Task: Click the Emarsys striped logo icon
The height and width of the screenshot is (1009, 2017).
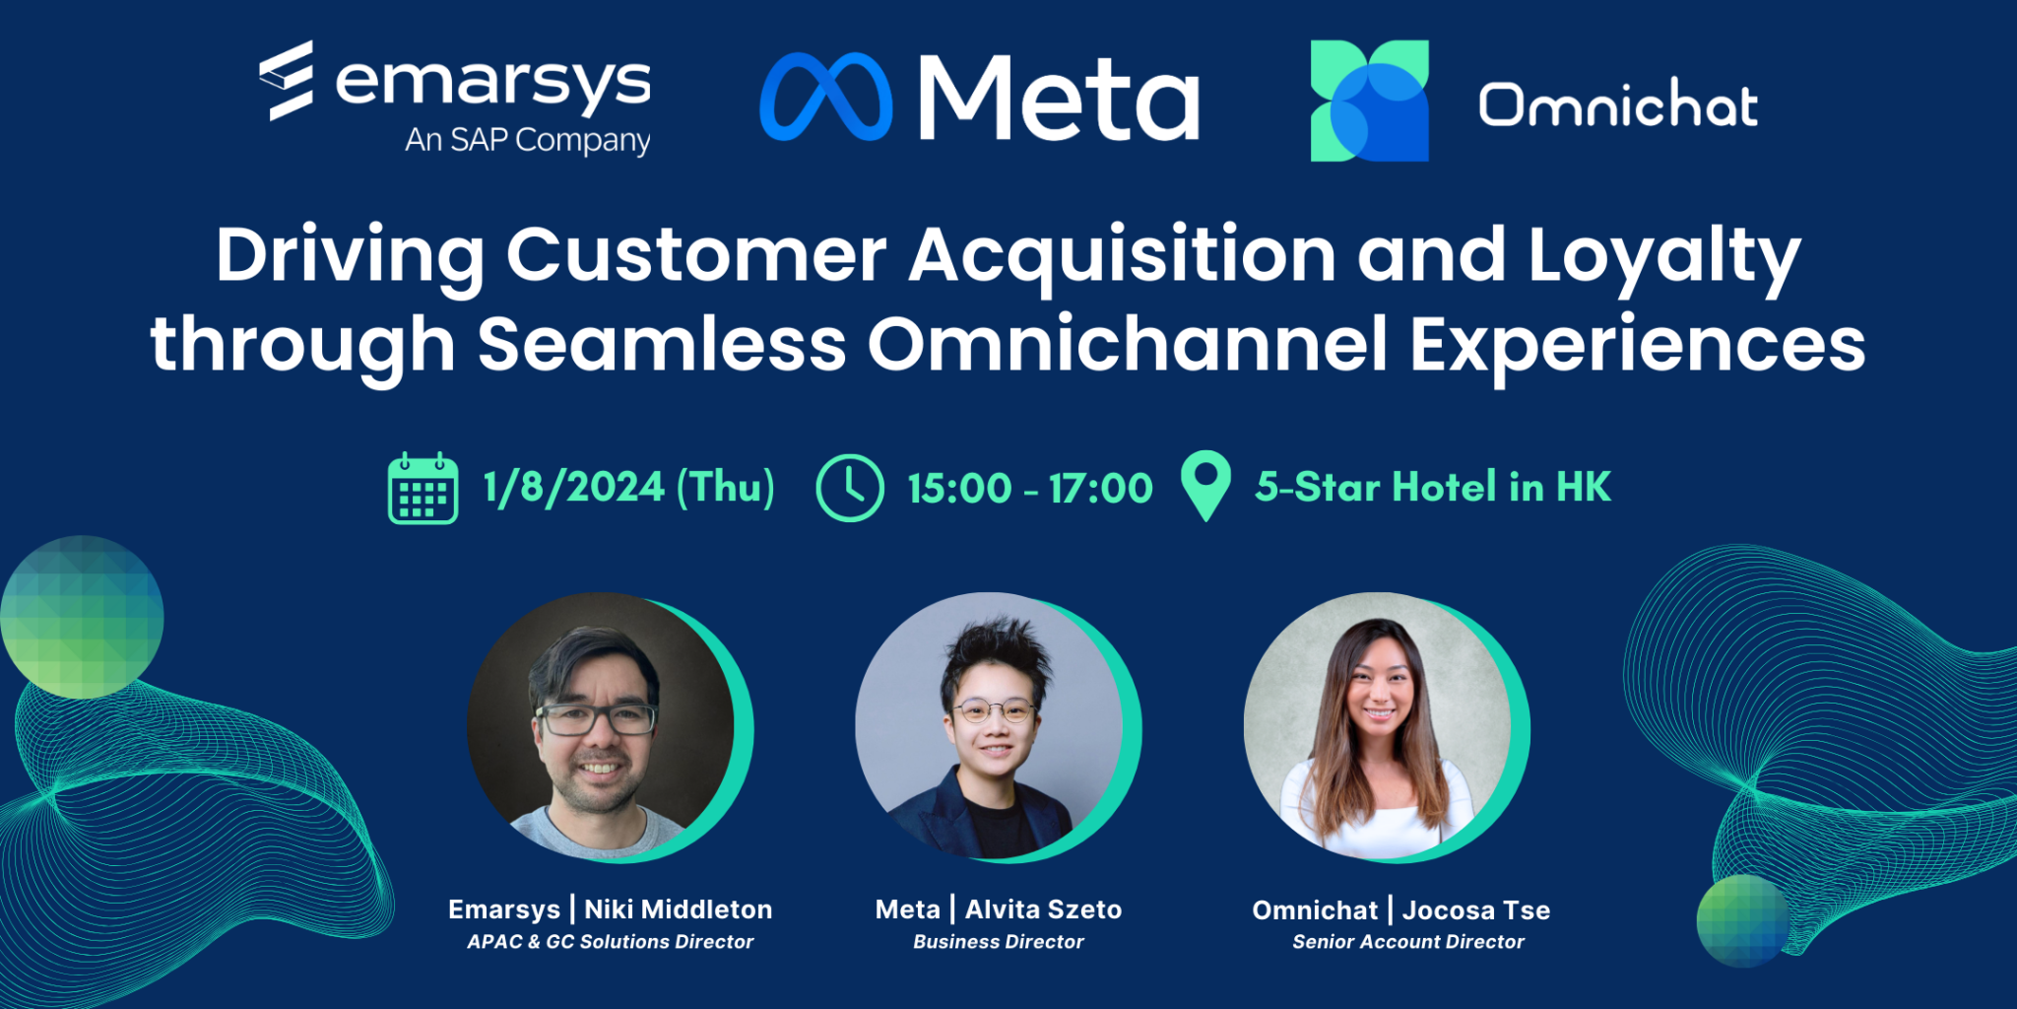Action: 287,80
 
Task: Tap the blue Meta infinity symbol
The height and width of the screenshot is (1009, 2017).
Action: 826,97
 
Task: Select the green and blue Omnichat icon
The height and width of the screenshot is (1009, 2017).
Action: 1369,101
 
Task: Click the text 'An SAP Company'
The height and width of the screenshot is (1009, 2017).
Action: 528,140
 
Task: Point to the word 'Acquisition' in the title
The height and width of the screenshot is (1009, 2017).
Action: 1123,256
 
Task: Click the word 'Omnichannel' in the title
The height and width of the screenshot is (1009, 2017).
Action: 1128,345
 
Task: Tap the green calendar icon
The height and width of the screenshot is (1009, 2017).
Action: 423,489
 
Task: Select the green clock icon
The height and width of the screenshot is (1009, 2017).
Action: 850,488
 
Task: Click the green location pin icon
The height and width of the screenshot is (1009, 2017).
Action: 1205,486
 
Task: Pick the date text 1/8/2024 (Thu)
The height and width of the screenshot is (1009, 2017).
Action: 628,488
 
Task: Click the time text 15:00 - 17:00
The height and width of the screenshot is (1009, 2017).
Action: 1030,489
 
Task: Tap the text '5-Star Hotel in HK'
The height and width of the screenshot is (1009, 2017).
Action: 1433,487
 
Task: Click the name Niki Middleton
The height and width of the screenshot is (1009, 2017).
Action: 679,909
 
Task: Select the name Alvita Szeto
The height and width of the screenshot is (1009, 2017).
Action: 1043,909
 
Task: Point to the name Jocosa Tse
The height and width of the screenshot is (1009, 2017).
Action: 1476,910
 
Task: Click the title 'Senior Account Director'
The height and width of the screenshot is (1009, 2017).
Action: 1408,942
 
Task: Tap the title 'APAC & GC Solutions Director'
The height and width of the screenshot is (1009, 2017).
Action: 611,942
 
